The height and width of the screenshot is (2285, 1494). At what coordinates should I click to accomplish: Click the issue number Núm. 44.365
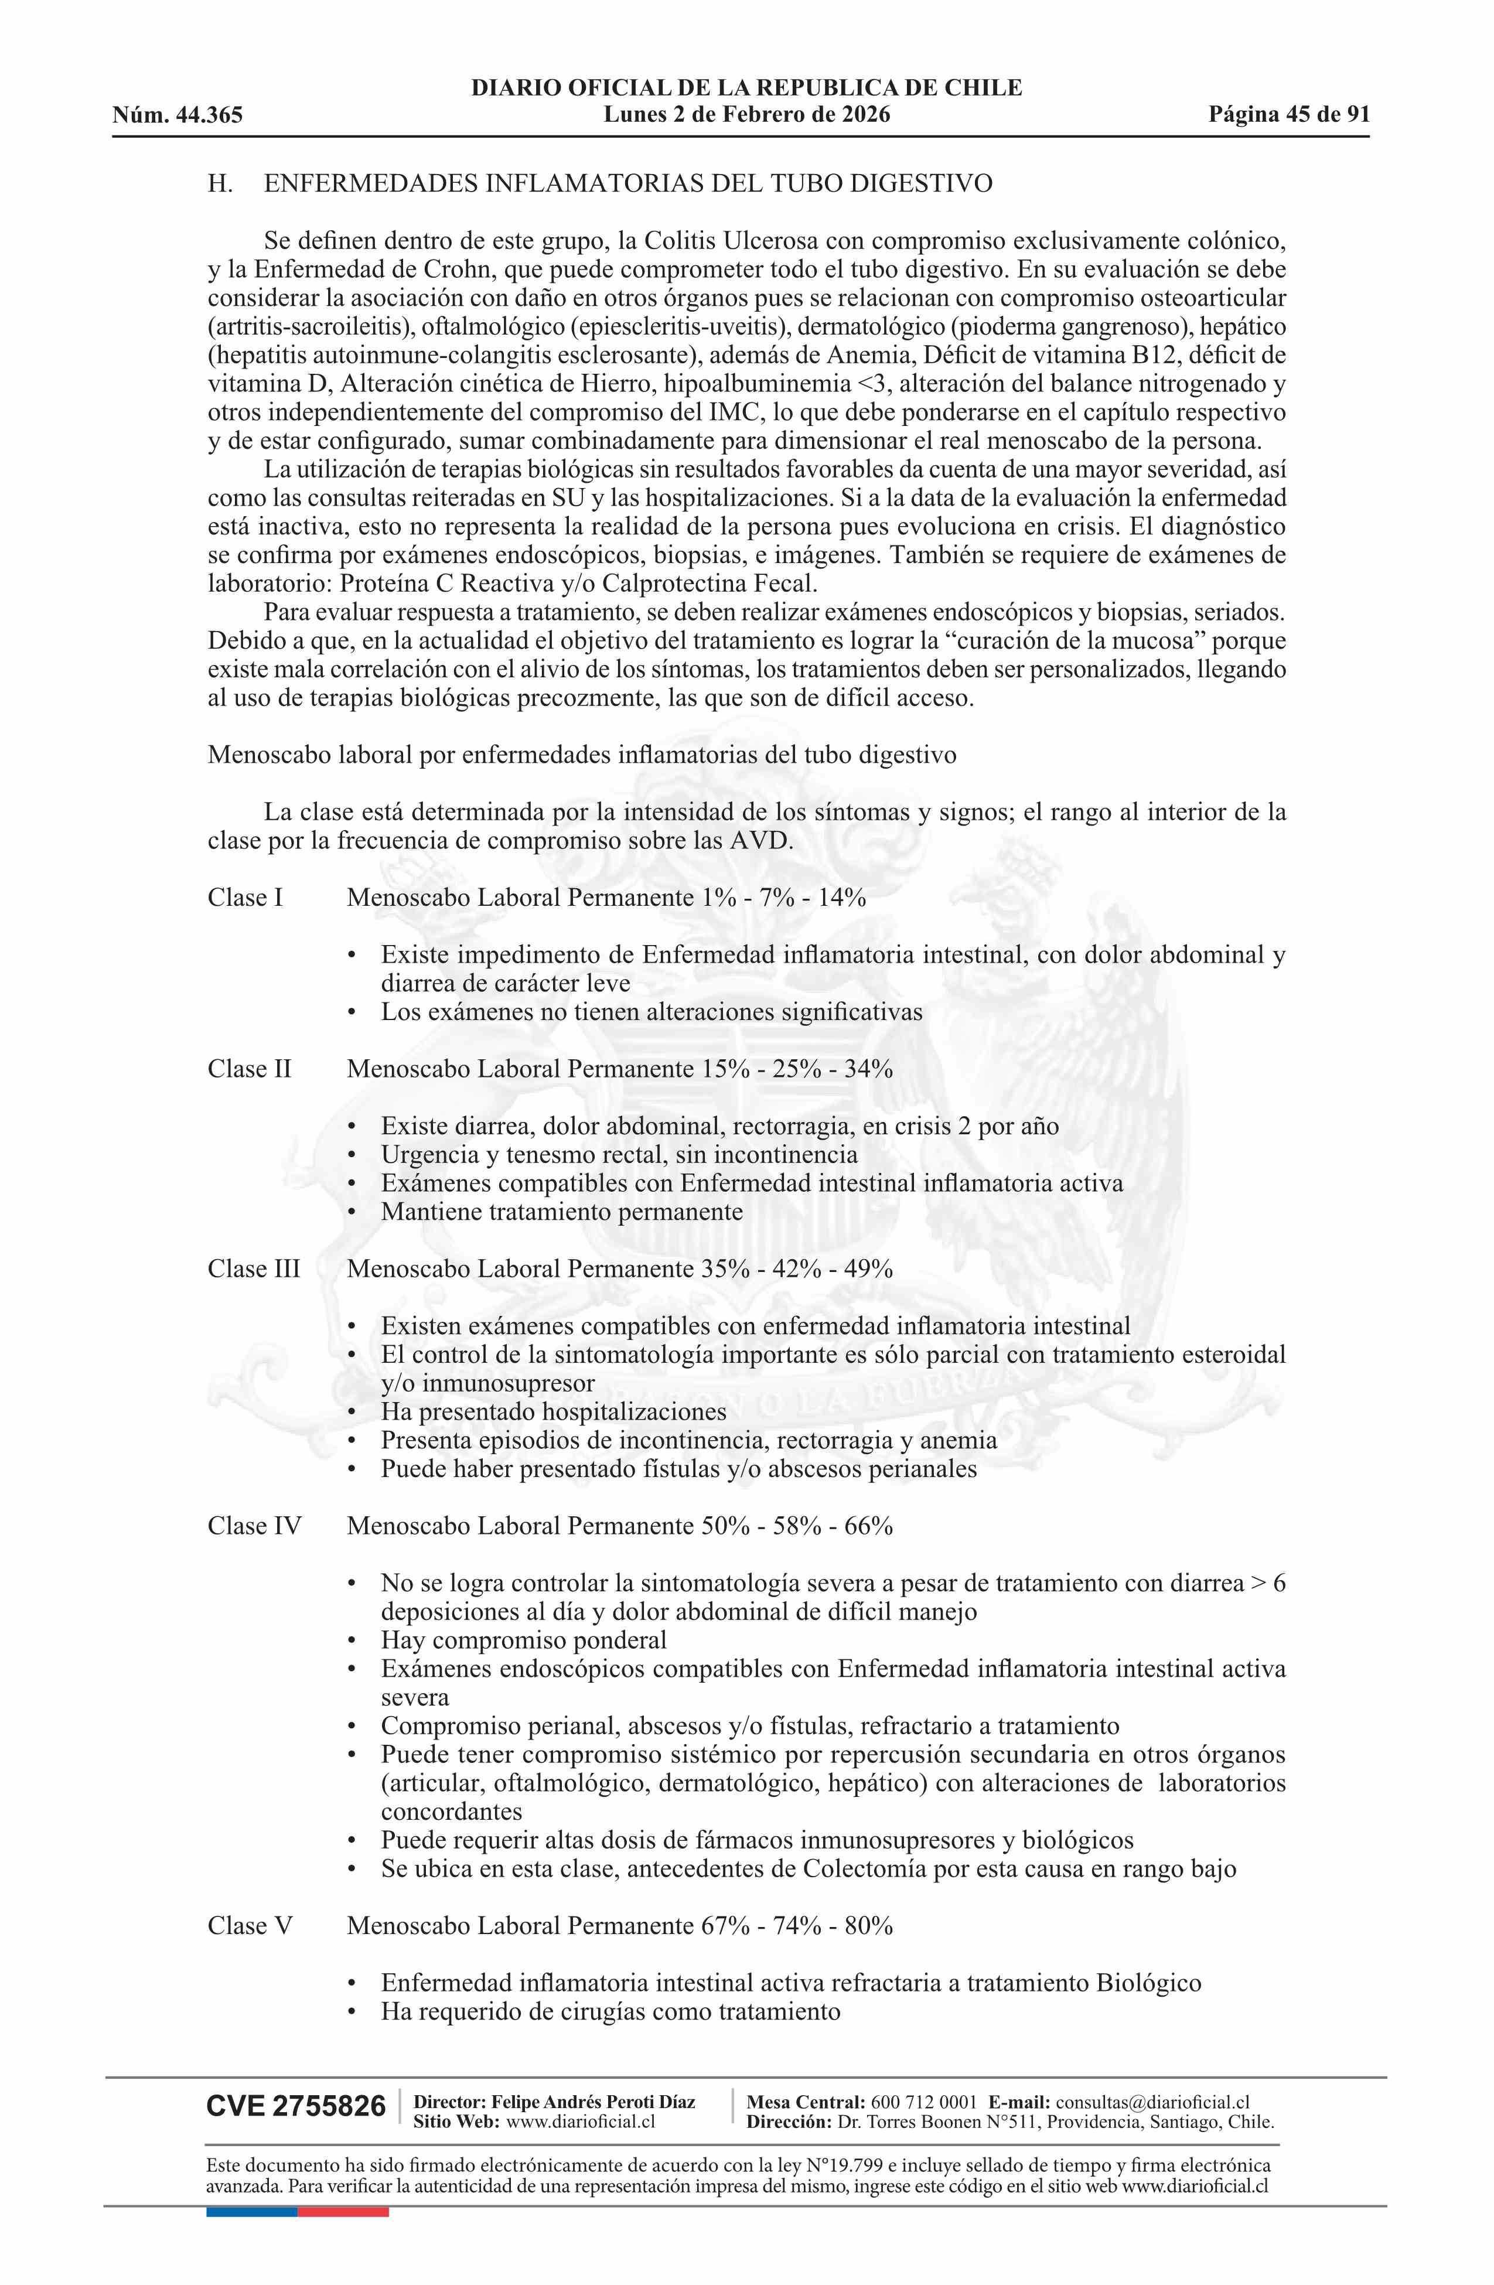pos(178,116)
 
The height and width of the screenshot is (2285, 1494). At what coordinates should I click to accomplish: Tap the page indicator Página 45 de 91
pos(1288,115)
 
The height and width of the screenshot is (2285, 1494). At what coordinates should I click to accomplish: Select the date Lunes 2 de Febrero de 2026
pos(746,115)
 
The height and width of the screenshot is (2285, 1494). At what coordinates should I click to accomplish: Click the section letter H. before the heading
pos(220,183)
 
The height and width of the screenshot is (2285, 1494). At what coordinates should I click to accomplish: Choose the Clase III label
pos(254,1269)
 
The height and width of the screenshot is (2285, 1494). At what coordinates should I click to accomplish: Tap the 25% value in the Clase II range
pos(797,1069)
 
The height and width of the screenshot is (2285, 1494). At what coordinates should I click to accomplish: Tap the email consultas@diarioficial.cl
pos(1152,2103)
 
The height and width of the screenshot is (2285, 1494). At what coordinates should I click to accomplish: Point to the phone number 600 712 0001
pos(924,2103)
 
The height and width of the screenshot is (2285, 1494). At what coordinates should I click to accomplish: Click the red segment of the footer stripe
pos(343,2212)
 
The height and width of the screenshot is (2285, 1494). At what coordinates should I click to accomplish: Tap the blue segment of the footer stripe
pos(251,2212)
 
